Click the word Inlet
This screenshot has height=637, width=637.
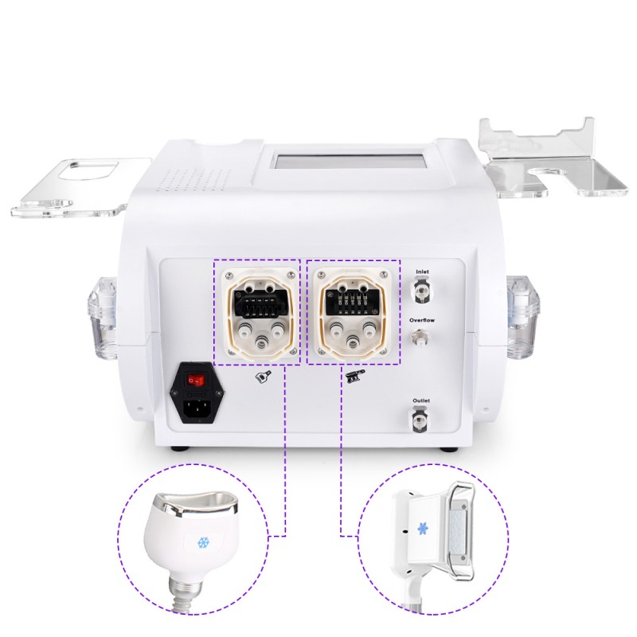tap(422, 272)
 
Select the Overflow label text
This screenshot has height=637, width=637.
tap(421, 320)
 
